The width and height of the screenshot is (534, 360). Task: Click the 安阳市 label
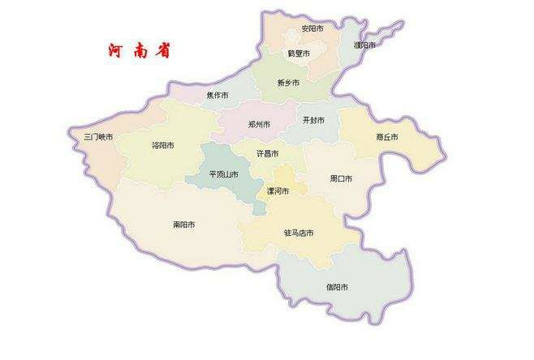(x=312, y=28)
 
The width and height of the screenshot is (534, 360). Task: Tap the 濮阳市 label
(x=364, y=45)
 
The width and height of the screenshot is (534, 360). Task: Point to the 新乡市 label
(x=288, y=83)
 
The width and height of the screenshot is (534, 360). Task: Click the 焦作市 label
(x=217, y=96)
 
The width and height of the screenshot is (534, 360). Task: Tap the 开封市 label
(x=313, y=120)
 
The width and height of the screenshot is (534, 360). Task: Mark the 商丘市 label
(x=387, y=137)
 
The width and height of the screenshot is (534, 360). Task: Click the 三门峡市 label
(x=98, y=137)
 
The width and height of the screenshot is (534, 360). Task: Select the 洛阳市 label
(x=163, y=146)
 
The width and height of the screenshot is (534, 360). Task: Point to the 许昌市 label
(x=267, y=153)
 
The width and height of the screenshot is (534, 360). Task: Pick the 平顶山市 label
(x=223, y=174)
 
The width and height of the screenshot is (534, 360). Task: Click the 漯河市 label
(x=278, y=191)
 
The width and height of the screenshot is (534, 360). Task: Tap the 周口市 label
(x=341, y=178)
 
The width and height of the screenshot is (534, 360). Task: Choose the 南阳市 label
(x=183, y=224)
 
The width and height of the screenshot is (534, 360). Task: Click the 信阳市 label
(x=337, y=287)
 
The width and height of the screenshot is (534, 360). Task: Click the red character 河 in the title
(x=117, y=50)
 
